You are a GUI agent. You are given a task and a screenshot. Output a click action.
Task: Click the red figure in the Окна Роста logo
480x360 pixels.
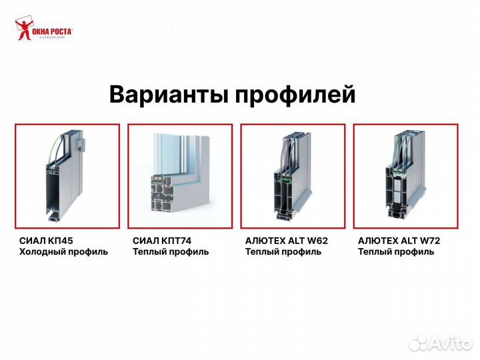coord(23,30)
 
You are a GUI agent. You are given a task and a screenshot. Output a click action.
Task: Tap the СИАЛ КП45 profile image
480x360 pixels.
coord(67,176)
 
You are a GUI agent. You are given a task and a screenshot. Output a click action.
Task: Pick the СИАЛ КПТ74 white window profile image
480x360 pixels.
coord(180,176)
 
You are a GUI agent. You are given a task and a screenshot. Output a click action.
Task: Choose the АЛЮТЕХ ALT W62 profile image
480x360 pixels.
coord(293,176)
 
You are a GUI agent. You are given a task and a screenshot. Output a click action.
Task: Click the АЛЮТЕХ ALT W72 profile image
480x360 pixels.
coord(405,176)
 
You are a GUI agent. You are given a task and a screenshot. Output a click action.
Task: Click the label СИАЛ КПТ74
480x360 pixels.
coord(157,241)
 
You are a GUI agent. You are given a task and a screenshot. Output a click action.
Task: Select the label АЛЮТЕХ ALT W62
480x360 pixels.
coord(286,241)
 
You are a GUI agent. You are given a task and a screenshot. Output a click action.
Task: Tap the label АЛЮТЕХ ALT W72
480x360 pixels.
coord(399,241)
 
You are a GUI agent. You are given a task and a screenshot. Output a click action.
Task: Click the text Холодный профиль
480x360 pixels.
coord(63,252)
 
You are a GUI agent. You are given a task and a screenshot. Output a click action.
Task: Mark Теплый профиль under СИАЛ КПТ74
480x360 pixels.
coord(171,252)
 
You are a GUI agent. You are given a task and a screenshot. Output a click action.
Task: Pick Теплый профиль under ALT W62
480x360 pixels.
coord(283,252)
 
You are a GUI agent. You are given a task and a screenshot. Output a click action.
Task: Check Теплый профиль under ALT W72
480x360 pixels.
coord(396,252)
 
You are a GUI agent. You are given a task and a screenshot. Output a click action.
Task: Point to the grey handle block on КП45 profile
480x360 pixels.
coord(80,143)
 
